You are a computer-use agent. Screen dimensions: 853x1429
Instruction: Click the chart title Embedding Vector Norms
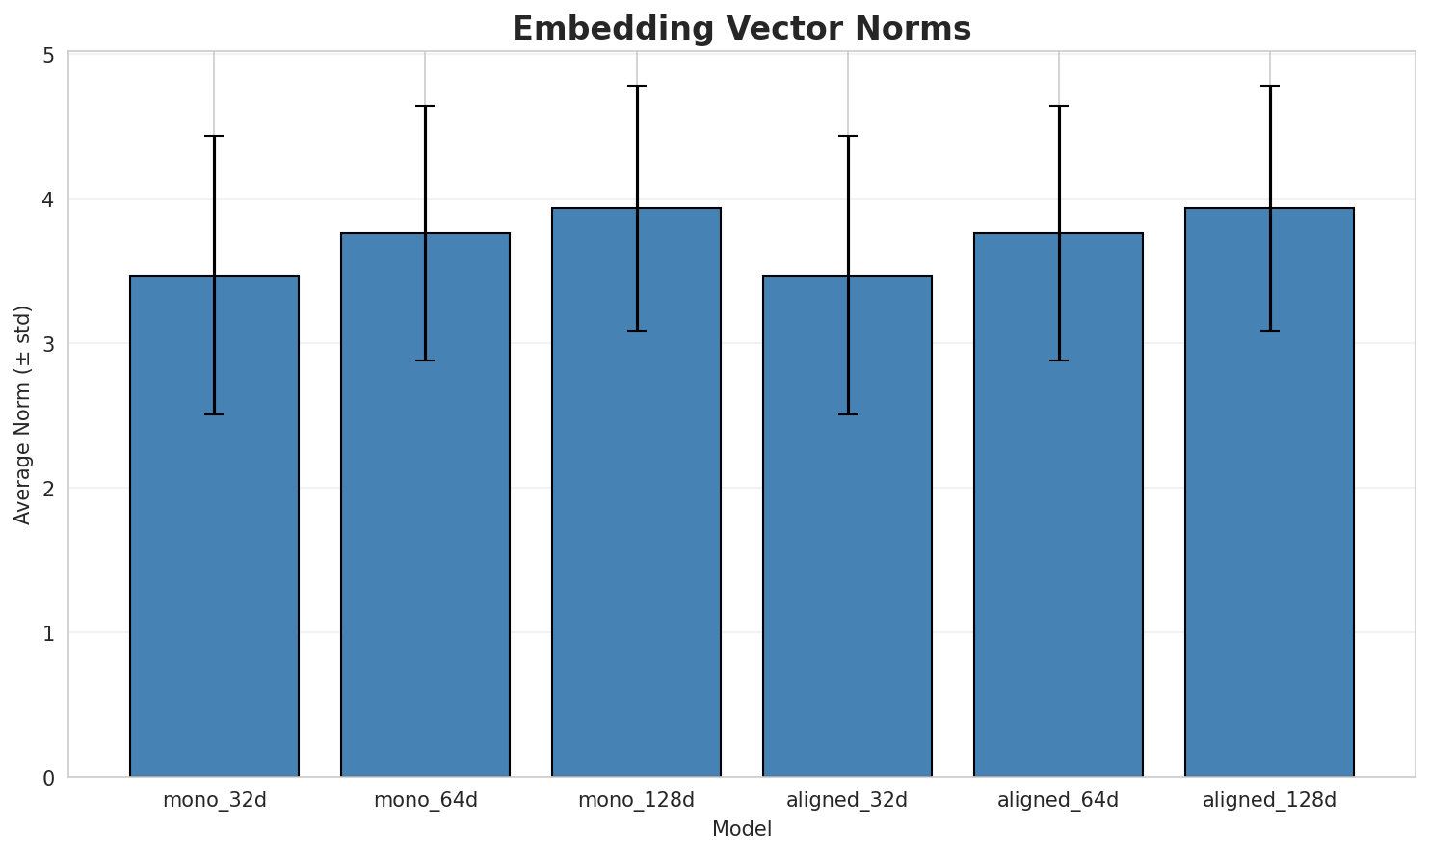coord(741,29)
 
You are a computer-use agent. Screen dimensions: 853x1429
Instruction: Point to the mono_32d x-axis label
coord(214,800)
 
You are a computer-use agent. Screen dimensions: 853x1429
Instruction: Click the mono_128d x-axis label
coord(636,800)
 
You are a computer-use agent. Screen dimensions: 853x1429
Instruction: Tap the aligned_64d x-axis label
coord(1058,800)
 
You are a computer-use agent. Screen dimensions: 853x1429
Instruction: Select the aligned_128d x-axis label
coord(1269,800)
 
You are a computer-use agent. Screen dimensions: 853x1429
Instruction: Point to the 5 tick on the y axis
coord(47,55)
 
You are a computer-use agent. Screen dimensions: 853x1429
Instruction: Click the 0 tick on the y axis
coord(47,778)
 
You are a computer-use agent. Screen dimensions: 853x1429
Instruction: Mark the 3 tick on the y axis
coord(47,344)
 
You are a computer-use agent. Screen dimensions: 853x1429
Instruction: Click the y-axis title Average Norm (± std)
coord(23,415)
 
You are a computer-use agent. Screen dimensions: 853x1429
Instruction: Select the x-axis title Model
coord(741,829)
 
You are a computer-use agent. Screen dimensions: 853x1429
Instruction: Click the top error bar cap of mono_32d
coord(214,136)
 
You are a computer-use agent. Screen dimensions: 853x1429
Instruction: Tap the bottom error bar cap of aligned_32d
coord(847,414)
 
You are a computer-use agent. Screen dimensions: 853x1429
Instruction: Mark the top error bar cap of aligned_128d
coord(1269,86)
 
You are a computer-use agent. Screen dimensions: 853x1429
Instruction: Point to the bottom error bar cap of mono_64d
coord(425,360)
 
